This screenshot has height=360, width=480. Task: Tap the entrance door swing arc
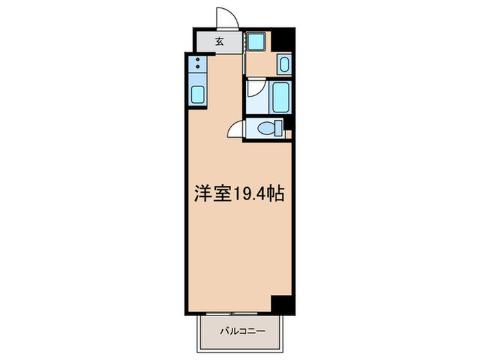point(225,18)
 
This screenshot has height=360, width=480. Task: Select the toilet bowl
point(264,128)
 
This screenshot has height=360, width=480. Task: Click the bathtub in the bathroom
point(282,97)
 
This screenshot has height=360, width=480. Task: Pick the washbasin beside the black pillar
point(285,65)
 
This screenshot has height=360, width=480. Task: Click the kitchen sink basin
point(197,95)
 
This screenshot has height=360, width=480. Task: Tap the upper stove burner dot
point(197,61)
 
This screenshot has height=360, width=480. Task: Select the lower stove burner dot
point(197,70)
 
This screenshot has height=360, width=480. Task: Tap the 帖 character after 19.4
point(276,193)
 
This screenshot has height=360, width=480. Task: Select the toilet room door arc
point(235,129)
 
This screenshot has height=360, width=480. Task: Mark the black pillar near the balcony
point(281,304)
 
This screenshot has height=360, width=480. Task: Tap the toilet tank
point(279,128)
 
